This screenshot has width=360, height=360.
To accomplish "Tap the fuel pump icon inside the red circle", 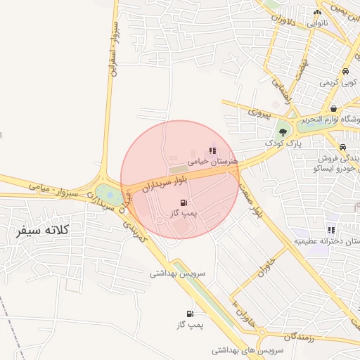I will pyautogui.click(x=184, y=202).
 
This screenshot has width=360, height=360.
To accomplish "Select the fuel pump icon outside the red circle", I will pyautogui.click(x=189, y=314).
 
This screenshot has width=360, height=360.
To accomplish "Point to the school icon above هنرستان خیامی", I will pyautogui.click(x=212, y=150).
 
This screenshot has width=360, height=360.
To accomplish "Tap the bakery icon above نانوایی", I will pyautogui.click(x=317, y=13).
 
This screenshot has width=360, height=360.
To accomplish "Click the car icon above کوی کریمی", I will pyautogui.click(x=345, y=72).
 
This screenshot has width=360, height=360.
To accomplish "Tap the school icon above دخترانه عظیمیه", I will pyautogui.click(x=330, y=230).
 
